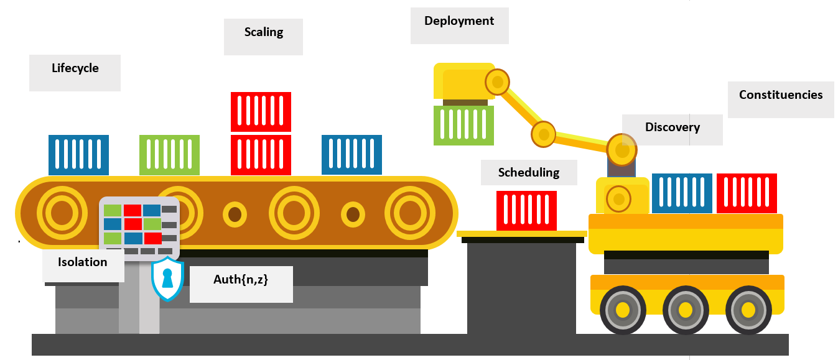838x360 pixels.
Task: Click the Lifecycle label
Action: pyautogui.click(x=75, y=68)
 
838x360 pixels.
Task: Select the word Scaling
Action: pyautogui.click(x=263, y=32)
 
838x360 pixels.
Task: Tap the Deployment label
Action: pyautogui.click(x=459, y=21)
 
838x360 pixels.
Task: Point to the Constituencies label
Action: pyautogui.click(x=781, y=95)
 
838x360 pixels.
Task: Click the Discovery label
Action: pyautogui.click(x=672, y=127)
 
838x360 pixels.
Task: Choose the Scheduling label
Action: pyautogui.click(x=529, y=173)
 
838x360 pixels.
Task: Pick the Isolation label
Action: pyautogui.click(x=83, y=262)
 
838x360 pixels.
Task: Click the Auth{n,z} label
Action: pyautogui.click(x=241, y=280)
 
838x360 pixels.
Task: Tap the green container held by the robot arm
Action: pyautogui.click(x=463, y=126)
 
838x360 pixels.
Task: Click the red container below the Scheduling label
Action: pyautogui.click(x=526, y=211)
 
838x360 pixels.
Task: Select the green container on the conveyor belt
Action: pyautogui.click(x=169, y=155)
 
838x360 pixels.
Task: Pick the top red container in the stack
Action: pyautogui.click(x=261, y=112)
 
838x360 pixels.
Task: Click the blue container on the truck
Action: pyautogui.click(x=682, y=193)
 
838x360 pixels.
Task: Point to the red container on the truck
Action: pyautogui.click(x=747, y=193)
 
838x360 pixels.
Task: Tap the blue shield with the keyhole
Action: pyautogui.click(x=167, y=279)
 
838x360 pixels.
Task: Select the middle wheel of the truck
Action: pyautogui.click(x=685, y=310)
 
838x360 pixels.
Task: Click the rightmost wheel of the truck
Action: pyautogui.click(x=748, y=310)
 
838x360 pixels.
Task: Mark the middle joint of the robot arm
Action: pyautogui.click(x=543, y=134)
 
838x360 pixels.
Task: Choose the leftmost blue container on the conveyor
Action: pyautogui.click(x=78, y=155)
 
